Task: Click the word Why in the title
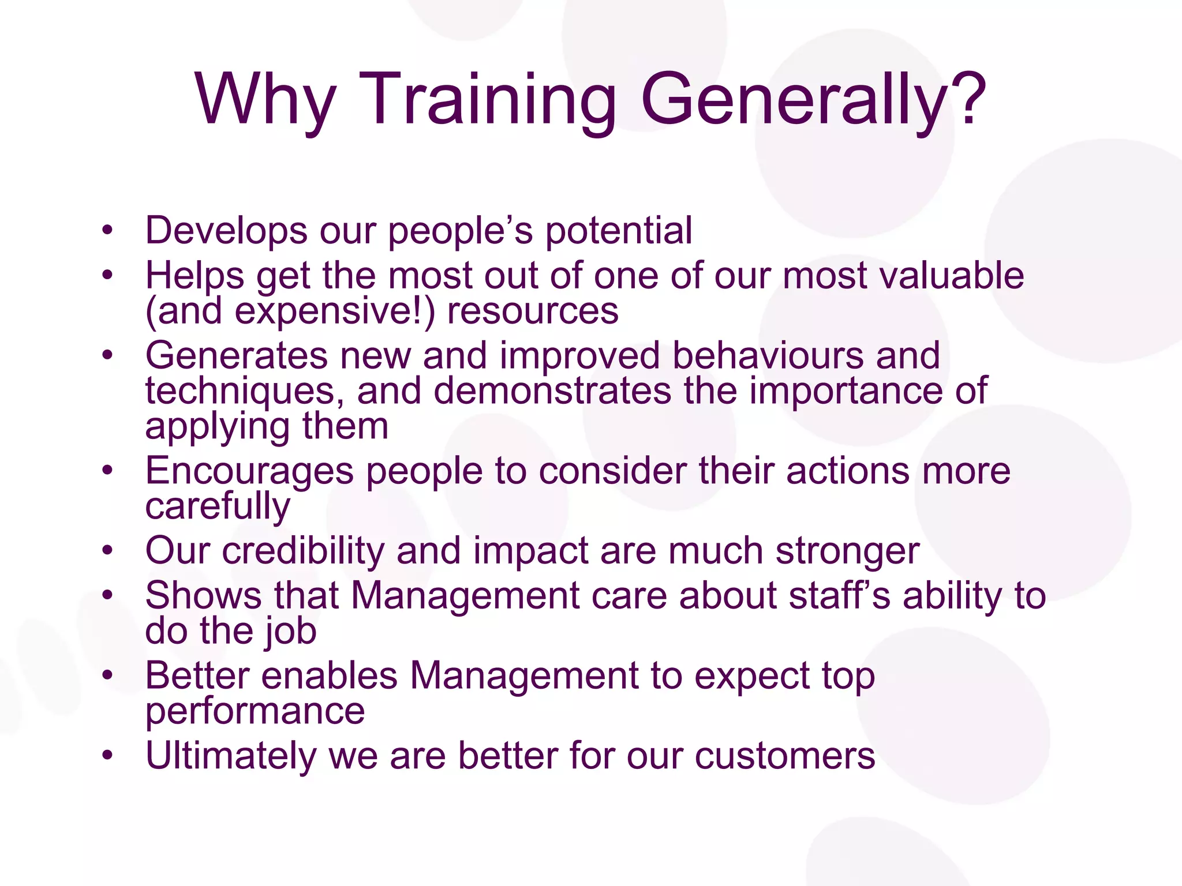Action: [x=265, y=99]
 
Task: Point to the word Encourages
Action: [x=249, y=471]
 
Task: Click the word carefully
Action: [x=218, y=507]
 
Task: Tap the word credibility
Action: [x=303, y=551]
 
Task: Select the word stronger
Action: [x=847, y=551]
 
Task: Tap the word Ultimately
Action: [x=231, y=756]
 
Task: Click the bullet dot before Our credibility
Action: [x=107, y=551]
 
